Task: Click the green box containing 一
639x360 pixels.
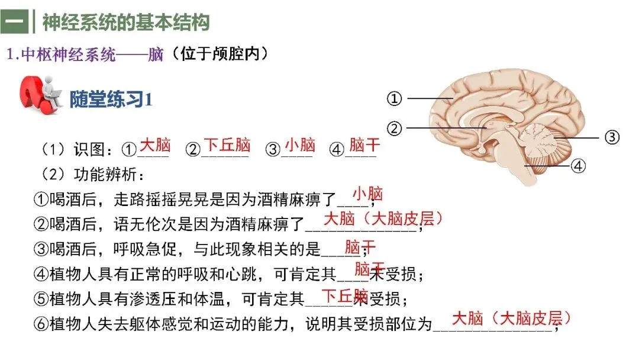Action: coord(14,21)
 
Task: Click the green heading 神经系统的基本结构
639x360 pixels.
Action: coord(126,22)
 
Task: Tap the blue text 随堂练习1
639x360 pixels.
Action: coord(111,99)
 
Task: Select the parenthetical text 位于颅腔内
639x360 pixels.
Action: coord(220,53)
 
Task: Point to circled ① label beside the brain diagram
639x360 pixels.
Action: coord(394,98)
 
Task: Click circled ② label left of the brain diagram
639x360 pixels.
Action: coord(394,128)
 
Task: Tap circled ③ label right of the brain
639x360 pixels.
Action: coord(612,137)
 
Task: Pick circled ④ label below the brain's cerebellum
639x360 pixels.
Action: coord(578,166)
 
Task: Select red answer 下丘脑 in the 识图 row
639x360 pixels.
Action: coord(227,144)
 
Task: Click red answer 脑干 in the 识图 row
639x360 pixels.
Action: coord(364,144)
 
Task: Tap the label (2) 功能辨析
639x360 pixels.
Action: coord(92,175)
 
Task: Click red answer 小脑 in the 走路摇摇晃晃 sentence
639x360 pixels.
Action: coord(367,194)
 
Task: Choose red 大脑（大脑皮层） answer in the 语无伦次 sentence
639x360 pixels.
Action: coord(383,219)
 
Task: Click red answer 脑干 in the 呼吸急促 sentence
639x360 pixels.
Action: coord(360,247)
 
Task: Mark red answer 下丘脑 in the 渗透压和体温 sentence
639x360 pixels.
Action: coord(345,296)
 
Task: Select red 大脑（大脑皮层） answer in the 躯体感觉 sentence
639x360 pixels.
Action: coord(511,318)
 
